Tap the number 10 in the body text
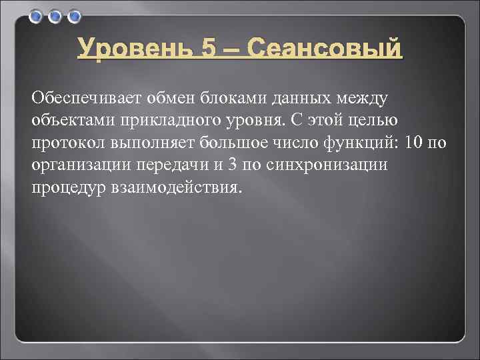click(x=416, y=143)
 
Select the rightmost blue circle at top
click(x=74, y=15)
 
